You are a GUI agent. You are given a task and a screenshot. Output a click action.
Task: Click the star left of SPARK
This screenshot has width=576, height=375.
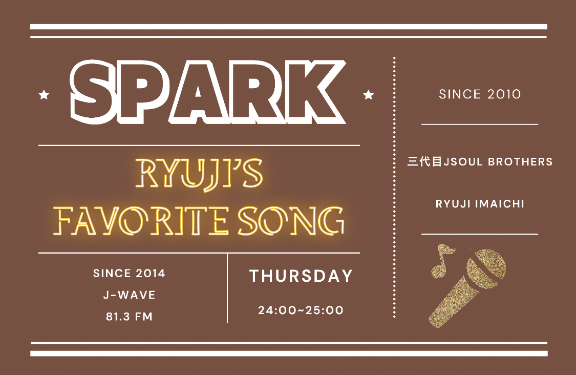(x=44, y=95)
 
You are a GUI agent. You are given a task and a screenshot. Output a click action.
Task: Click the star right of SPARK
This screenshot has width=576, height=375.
(x=369, y=95)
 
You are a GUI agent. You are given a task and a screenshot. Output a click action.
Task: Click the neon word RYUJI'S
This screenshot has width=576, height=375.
(x=199, y=174)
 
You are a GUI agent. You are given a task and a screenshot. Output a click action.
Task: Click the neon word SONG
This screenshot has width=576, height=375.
(x=291, y=221)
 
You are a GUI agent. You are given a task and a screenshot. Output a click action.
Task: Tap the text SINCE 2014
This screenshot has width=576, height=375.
(x=129, y=273)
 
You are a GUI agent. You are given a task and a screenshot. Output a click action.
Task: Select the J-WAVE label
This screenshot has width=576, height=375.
(x=130, y=295)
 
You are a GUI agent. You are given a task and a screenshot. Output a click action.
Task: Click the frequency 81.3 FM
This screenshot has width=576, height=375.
(x=130, y=317)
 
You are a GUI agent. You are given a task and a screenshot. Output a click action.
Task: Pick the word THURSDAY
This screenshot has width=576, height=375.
(x=301, y=276)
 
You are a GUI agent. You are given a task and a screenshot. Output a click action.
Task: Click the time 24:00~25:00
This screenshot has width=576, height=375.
(x=301, y=310)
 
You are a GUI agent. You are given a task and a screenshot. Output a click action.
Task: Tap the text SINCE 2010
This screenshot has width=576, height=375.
(x=480, y=94)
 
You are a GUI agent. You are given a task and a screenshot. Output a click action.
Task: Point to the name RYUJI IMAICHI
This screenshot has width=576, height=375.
(x=480, y=204)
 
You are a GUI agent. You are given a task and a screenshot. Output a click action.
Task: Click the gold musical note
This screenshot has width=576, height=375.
(x=441, y=261)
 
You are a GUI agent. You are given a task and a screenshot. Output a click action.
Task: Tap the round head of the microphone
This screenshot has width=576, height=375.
(x=487, y=266)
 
